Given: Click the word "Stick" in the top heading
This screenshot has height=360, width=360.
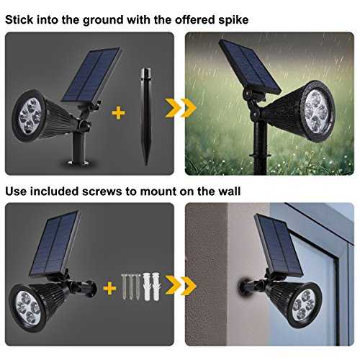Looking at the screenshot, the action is point(19,19).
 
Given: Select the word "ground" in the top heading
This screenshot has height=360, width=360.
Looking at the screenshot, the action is point(103,20).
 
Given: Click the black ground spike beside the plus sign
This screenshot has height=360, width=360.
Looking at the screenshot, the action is point(146,117).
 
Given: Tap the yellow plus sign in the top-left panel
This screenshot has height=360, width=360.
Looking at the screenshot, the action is point(118,113).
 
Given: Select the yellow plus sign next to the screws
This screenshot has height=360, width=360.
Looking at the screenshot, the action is point(109,288).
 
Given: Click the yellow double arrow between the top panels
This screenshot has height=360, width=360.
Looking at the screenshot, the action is point(181,108).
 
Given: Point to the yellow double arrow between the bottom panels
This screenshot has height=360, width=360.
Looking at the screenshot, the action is point(181,286).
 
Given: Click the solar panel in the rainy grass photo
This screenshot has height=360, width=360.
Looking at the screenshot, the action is point(250,66).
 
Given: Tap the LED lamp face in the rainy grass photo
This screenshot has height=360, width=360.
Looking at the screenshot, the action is point(317,112).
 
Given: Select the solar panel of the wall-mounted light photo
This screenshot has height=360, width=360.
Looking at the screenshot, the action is point(279,245).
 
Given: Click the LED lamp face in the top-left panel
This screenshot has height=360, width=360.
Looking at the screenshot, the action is point(30,116).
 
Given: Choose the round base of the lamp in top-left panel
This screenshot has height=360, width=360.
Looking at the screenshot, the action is point(78,163).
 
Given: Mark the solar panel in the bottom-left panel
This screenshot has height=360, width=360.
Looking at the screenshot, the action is point(54,243).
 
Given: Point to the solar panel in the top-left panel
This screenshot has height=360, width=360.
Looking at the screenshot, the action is point(91,75).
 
